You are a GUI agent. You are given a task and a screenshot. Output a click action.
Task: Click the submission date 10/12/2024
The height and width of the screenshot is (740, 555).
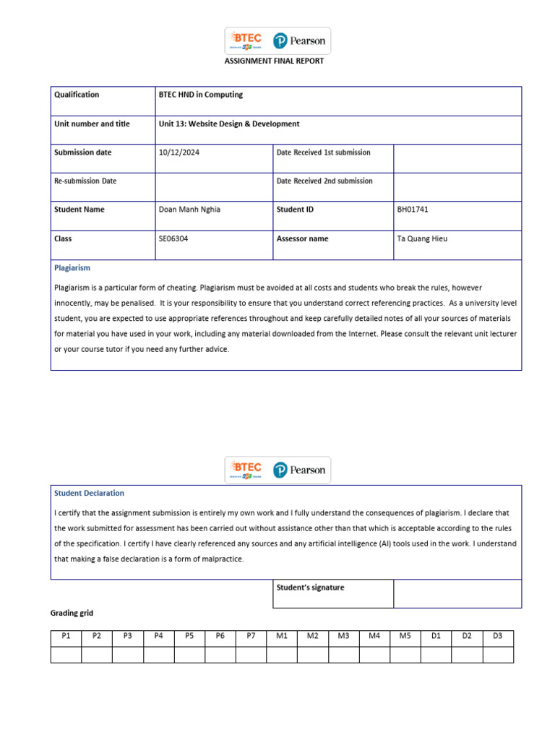pos(176,152)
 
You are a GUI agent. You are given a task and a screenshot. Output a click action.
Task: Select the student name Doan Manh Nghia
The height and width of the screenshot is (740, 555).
pos(189,210)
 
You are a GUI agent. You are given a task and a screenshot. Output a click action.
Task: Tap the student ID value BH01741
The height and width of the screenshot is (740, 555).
pos(413,210)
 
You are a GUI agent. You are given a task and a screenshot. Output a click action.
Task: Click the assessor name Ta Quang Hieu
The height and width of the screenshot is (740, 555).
pos(422,238)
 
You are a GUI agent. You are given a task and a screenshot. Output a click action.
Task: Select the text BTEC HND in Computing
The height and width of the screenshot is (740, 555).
pos(200,95)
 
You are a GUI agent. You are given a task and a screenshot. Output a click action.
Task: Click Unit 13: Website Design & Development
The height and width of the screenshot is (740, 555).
pos(228,124)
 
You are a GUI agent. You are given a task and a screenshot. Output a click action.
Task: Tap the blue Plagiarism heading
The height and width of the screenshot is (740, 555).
pos(72,267)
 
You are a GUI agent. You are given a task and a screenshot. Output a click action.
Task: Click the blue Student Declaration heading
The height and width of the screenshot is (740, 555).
pos(89,493)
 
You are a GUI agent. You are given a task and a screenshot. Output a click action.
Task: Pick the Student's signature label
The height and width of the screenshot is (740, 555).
pos(310,588)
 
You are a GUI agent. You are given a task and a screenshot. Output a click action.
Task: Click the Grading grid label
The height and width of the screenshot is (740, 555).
pos(72,614)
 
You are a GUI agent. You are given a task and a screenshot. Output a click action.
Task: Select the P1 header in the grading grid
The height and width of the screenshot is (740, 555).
pos(66,636)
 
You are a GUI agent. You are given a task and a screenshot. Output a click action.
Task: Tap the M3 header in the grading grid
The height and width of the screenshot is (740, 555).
pos(343,636)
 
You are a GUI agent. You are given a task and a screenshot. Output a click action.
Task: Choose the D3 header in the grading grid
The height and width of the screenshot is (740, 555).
pos(497,636)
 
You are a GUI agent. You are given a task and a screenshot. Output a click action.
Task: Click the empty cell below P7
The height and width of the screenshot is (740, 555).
pos(251,654)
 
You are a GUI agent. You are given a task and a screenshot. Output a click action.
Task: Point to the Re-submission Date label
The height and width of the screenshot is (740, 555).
pos(85,181)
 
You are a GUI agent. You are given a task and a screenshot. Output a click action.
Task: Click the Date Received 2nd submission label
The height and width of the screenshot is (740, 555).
pos(324,181)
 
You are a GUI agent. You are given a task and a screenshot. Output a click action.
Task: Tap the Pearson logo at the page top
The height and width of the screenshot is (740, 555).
pos(299,41)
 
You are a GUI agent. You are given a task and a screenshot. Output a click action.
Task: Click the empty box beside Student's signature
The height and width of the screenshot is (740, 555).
pos(457,593)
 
